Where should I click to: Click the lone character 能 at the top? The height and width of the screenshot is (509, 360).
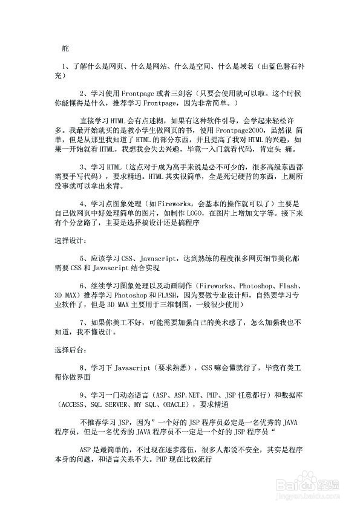[66, 47]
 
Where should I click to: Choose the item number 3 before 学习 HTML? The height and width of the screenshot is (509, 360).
[82, 166]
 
